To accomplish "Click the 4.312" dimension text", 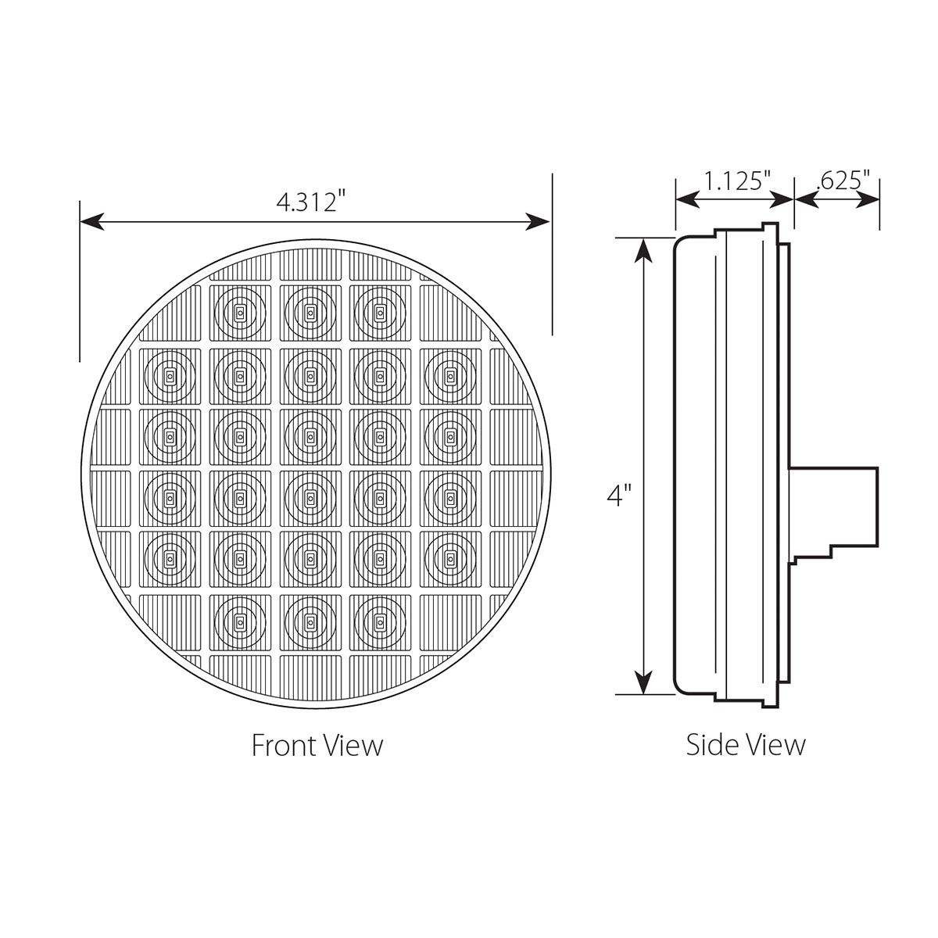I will (310, 202).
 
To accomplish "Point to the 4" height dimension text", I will (619, 496).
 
